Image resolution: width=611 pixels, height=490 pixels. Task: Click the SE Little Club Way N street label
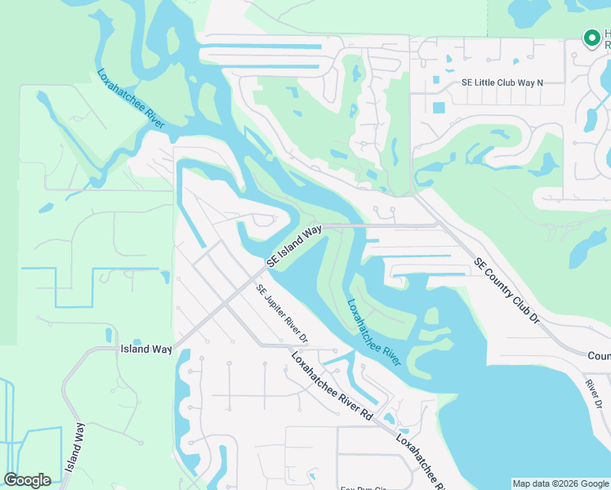point(502,82)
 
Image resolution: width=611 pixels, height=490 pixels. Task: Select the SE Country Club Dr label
point(507,291)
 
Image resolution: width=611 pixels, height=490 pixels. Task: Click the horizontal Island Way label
point(146,349)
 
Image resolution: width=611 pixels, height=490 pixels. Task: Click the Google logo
point(27,480)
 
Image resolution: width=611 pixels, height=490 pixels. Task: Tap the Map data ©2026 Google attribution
point(560,483)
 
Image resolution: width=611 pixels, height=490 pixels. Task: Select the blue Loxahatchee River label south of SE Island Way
point(374,331)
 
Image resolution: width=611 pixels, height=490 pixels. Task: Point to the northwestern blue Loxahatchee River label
point(131,99)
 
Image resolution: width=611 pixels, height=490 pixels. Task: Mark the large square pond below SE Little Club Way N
point(439,108)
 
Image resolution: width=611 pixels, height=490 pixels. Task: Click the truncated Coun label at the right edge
point(599,356)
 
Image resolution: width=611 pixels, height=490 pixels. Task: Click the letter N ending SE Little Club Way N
point(539,82)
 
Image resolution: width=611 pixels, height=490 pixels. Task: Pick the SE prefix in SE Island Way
point(273,261)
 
